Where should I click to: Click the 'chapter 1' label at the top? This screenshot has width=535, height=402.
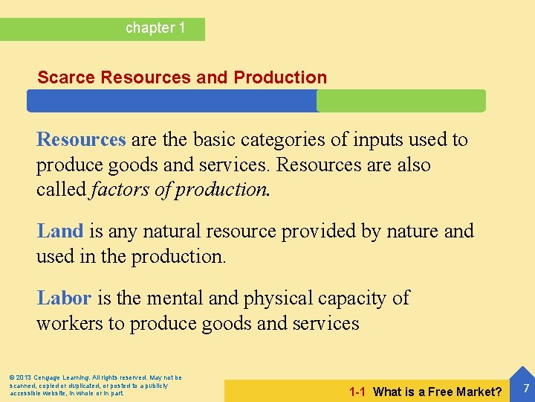coord(155,28)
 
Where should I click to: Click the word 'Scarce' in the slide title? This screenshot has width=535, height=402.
coord(66,77)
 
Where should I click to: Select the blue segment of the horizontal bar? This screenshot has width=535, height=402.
coord(172,100)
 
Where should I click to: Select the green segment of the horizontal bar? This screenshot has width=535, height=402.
coord(401,100)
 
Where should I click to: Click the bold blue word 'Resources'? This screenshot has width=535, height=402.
coord(81,139)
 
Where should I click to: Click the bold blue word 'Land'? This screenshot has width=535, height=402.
coord(59,231)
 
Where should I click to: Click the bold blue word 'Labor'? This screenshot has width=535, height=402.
coord(64,298)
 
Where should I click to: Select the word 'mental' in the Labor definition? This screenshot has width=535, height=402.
coord(174,298)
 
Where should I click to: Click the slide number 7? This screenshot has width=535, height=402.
coord(525,388)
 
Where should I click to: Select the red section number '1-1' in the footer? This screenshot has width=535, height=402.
coord(357,392)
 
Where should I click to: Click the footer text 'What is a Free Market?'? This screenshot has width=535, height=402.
coord(438,392)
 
